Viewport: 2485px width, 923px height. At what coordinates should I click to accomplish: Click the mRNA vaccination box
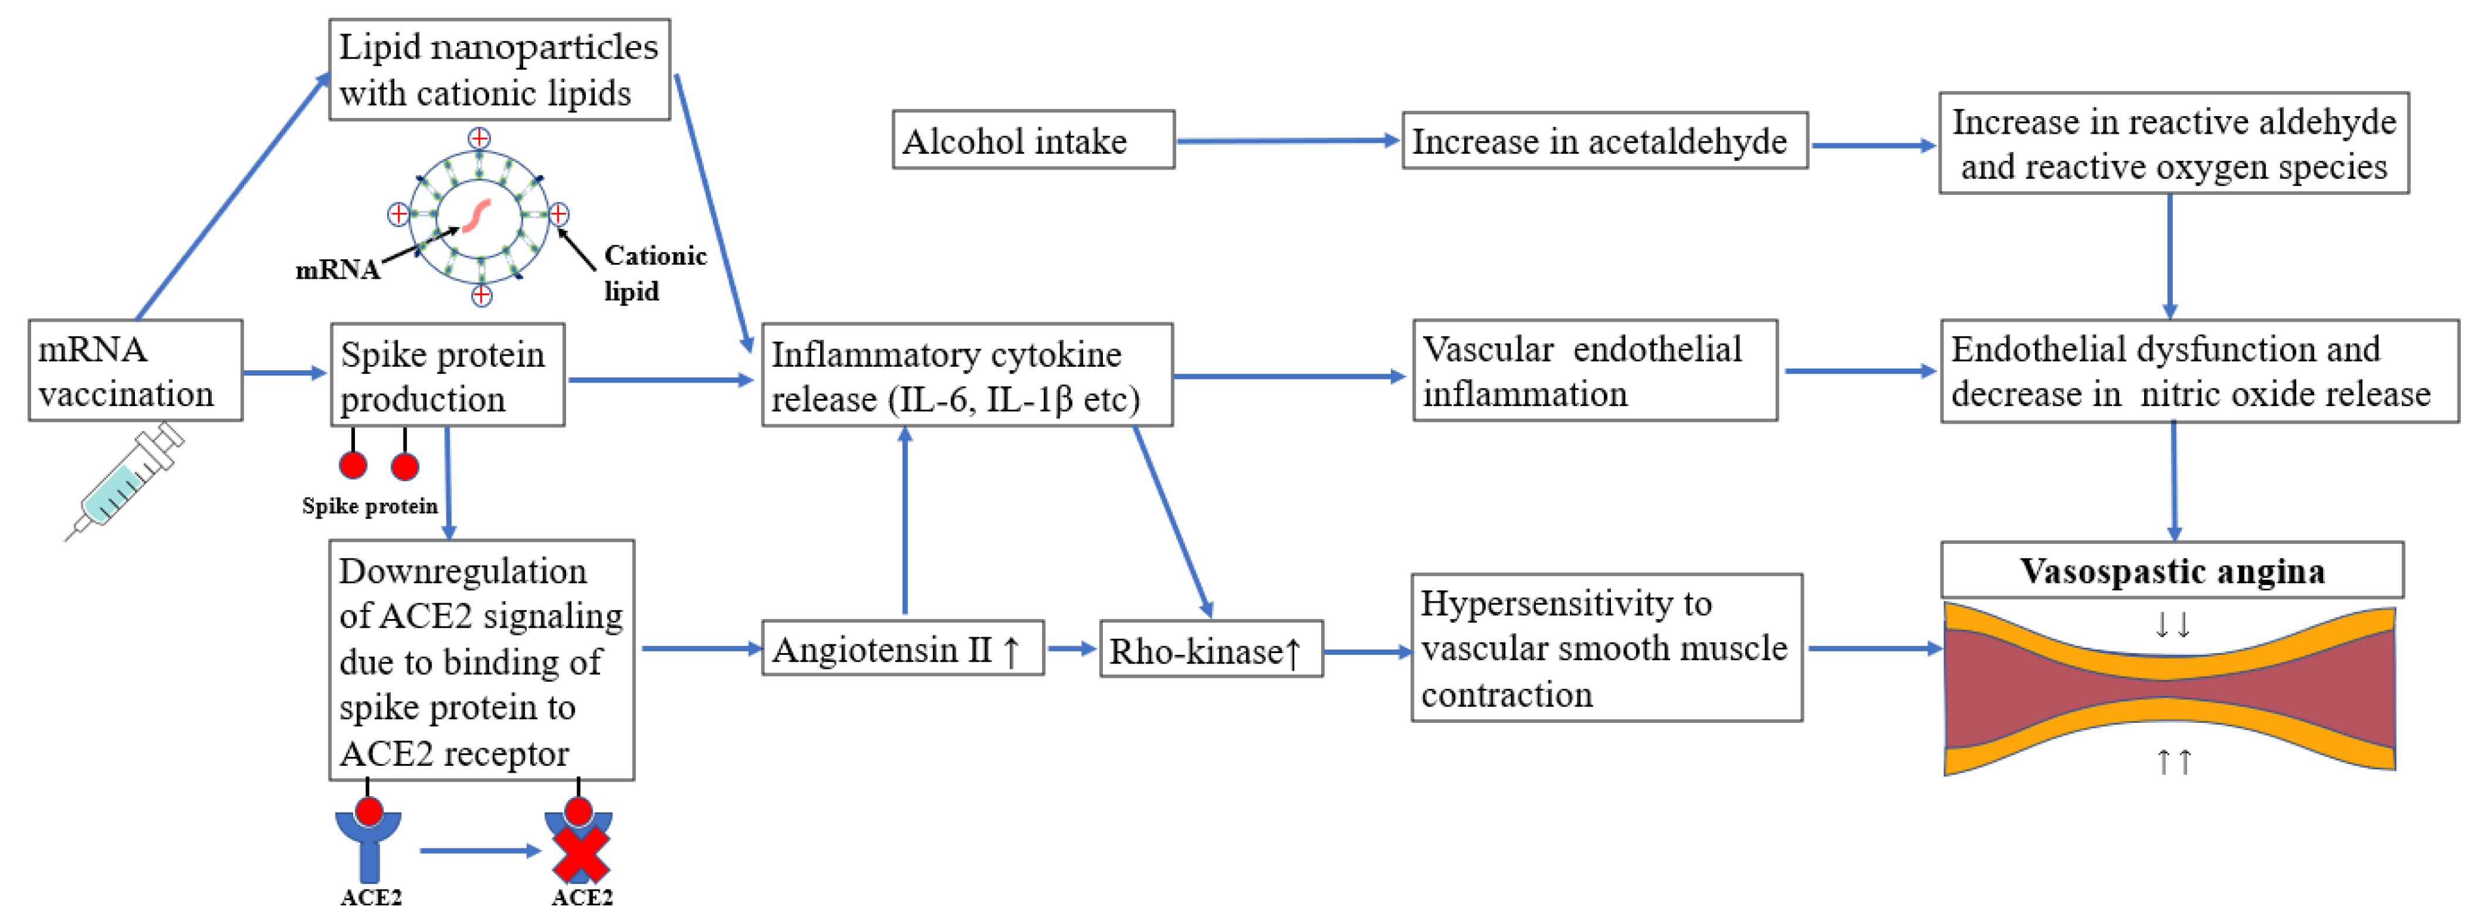[135, 370]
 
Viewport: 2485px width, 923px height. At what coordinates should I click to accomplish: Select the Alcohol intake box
[1032, 141]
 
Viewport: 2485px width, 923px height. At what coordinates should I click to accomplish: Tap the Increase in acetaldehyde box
[1603, 141]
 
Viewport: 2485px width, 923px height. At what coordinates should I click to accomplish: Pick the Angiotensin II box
[902, 648]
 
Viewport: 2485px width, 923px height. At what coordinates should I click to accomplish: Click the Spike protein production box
[446, 375]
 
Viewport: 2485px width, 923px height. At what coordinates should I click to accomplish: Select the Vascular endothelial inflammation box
[1594, 370]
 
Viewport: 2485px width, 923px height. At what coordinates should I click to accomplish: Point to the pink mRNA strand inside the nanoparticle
[476, 215]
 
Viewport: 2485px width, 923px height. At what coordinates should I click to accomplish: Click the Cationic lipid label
[654, 272]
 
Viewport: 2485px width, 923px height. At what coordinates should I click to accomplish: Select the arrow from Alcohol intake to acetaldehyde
[1287, 141]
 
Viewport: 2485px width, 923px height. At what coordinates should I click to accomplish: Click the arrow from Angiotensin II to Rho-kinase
[1071, 648]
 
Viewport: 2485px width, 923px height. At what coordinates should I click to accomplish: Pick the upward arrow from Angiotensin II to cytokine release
[905, 521]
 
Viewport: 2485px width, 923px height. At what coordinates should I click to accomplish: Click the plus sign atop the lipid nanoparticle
[479, 138]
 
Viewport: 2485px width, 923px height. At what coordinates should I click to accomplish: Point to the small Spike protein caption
[370, 505]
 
